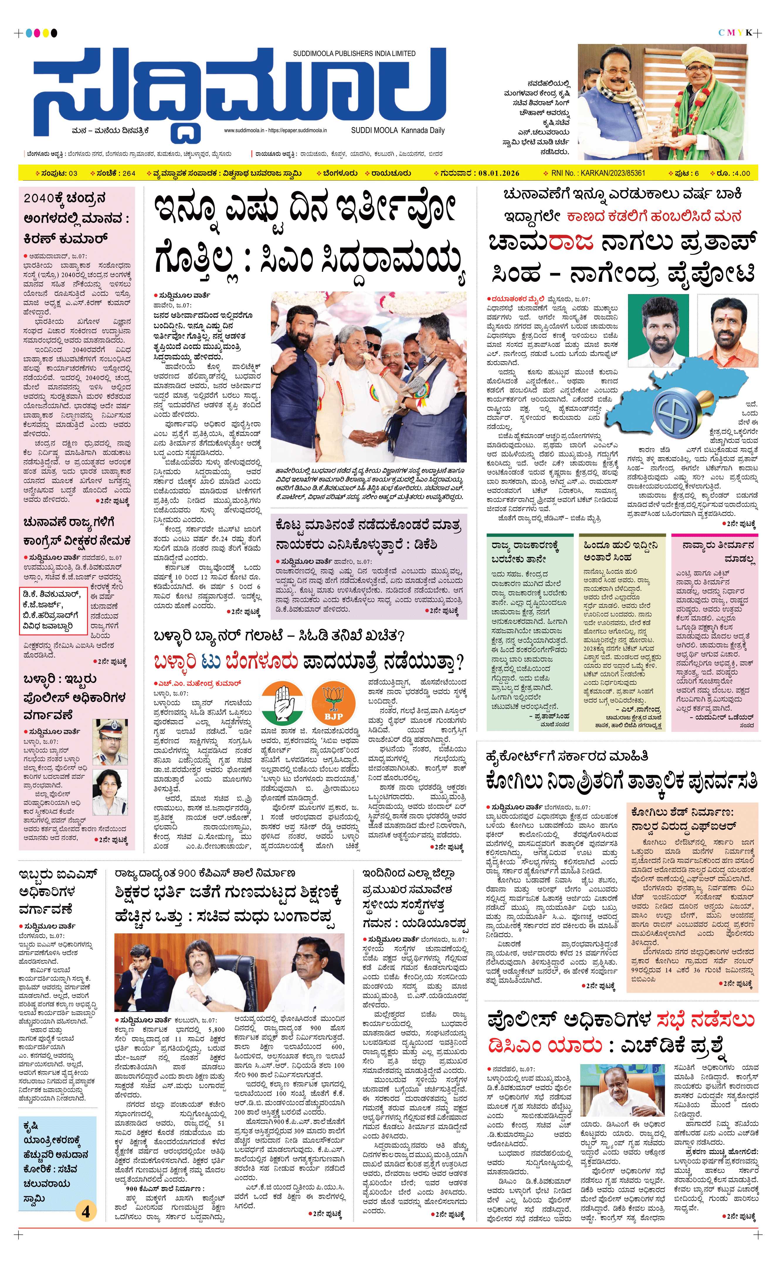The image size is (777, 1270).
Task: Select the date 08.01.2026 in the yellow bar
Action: pyautogui.click(x=498, y=173)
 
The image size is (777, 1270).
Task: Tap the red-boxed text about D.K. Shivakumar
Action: pyautogui.click(x=51, y=610)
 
